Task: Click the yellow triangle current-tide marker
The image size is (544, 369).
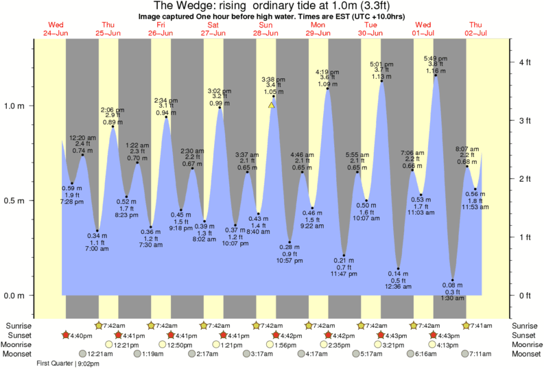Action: [272, 105]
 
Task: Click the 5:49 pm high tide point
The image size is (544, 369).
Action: [436, 75]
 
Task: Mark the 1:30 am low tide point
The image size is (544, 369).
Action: [453, 280]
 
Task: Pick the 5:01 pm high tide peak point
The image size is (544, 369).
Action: [382, 81]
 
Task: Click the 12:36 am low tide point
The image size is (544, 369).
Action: [398, 268]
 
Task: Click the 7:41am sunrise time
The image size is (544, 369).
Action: [479, 326]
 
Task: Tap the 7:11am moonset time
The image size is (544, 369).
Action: [479, 354]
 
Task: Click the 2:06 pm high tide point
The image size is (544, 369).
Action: [113, 127]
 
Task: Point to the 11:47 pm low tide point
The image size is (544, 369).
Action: [344, 255]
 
